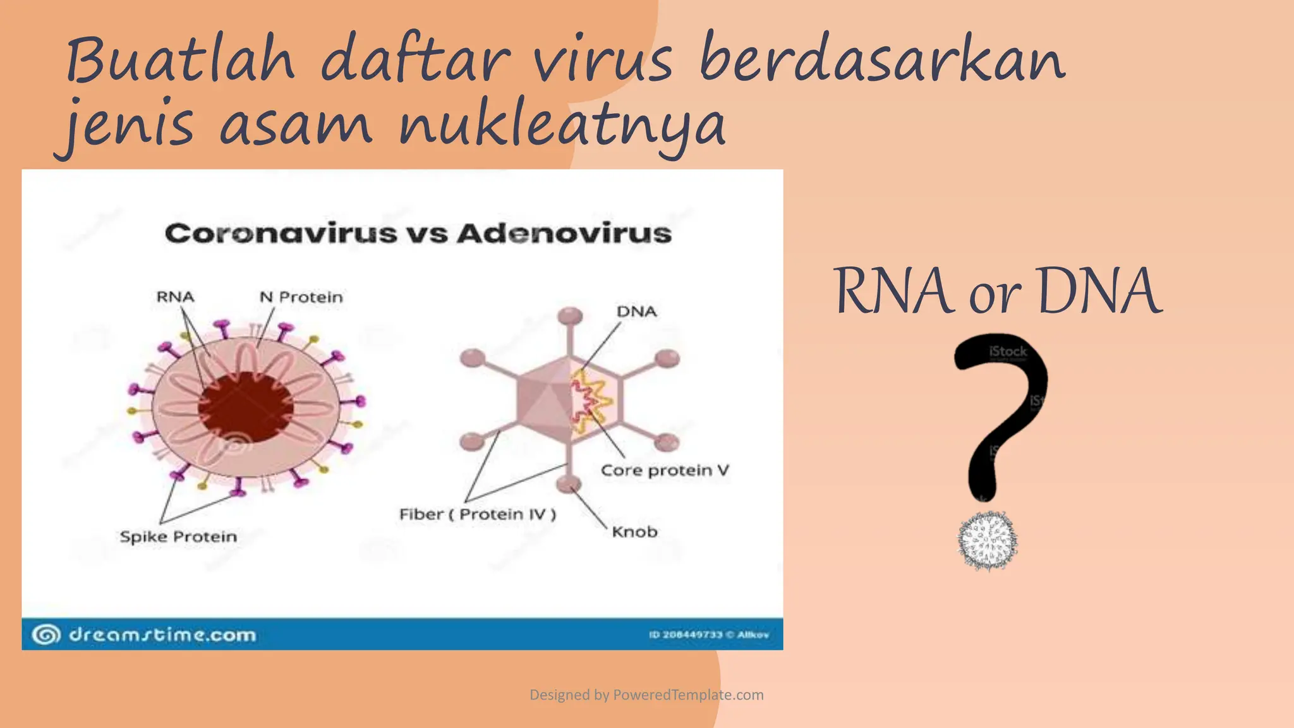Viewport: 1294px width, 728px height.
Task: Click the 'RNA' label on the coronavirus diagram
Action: [x=175, y=297]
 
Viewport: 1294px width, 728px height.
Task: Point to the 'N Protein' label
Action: [x=301, y=297]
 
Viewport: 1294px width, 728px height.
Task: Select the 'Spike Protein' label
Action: [x=179, y=537]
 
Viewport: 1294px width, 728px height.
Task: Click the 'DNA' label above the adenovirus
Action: [x=637, y=312]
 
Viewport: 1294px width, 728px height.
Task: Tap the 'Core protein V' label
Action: [x=665, y=470]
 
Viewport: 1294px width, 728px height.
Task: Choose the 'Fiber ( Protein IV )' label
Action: [x=478, y=514]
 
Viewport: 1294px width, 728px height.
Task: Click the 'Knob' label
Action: [x=634, y=532]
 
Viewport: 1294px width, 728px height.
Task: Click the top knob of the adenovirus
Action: [x=570, y=315]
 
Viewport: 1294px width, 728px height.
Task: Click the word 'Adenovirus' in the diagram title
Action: [x=564, y=234]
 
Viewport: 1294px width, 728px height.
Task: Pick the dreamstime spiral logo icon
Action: [x=46, y=634]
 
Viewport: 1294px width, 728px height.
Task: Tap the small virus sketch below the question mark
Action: [x=987, y=541]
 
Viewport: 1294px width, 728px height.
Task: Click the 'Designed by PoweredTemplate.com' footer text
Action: [x=646, y=695]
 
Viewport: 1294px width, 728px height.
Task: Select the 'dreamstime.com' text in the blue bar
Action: [x=162, y=634]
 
